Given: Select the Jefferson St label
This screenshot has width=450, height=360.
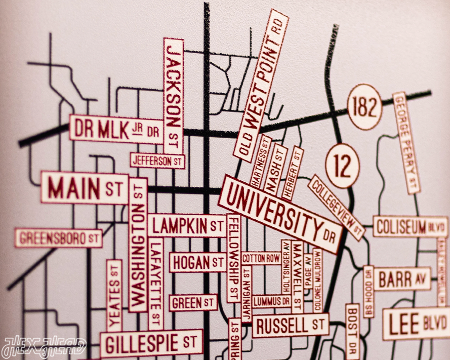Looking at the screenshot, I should [157, 161].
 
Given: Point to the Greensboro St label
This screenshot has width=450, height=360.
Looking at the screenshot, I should [58, 237].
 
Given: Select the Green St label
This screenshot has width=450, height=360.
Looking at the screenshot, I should [193, 303].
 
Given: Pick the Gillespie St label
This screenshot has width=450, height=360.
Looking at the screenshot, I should [151, 343].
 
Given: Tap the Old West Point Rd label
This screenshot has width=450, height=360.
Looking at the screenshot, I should [261, 85].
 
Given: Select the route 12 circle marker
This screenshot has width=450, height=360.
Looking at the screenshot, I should [343, 165].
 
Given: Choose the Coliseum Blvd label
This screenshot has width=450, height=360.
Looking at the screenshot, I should [411, 226].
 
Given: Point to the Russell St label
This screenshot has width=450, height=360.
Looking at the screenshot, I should [290, 326].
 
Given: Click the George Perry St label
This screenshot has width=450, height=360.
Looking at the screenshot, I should [407, 142].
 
